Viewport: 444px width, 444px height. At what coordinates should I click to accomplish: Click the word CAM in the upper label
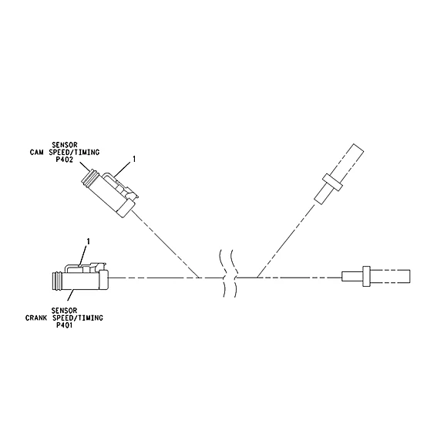pyautogui.click(x=37, y=153)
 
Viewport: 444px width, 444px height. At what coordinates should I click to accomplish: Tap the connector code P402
pyautogui.click(x=65, y=160)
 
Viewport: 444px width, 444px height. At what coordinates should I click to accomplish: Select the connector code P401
pyautogui.click(x=64, y=325)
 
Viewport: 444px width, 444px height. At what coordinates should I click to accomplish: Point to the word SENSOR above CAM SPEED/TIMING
pyautogui.click(x=65, y=145)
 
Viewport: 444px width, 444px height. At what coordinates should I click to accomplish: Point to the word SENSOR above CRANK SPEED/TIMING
pyautogui.click(x=64, y=311)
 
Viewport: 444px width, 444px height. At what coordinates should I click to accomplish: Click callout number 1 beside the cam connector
pyautogui.click(x=134, y=159)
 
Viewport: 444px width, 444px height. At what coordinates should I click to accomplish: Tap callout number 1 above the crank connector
pyautogui.click(x=89, y=241)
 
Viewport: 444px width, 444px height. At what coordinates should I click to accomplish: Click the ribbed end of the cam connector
pyautogui.click(x=88, y=178)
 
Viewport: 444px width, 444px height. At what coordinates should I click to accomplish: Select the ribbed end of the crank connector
pyautogui.click(x=58, y=281)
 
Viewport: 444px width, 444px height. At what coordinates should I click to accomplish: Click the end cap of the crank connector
pyautogui.click(x=103, y=280)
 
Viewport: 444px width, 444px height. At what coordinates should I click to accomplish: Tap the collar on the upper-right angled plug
pyautogui.click(x=333, y=183)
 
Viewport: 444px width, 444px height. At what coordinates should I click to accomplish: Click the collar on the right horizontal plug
pyautogui.click(x=367, y=276)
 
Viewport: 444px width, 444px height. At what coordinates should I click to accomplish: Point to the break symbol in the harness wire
pyautogui.click(x=229, y=274)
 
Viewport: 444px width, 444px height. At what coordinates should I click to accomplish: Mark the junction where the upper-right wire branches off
pyautogui.click(x=257, y=277)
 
